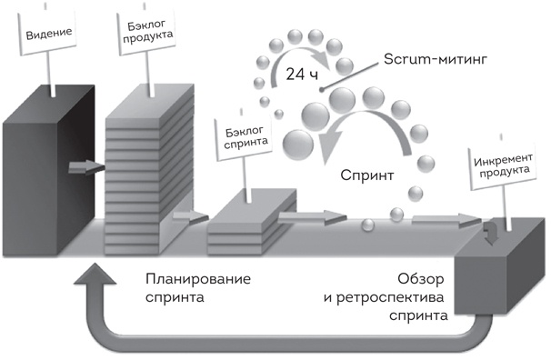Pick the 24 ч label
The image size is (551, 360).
coord(301,75)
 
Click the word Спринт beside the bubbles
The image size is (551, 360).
coord(366,175)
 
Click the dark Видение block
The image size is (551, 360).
coord(36,173)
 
